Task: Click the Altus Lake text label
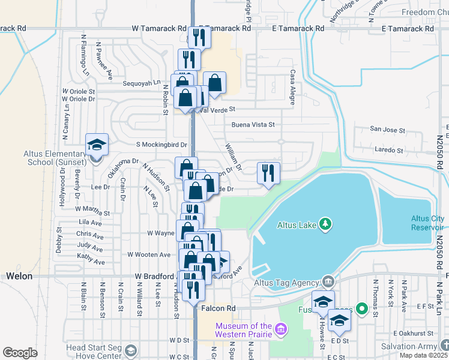(297, 226)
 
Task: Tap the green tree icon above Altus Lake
(325, 224)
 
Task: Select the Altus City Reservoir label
(428, 223)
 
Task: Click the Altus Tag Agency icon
(328, 281)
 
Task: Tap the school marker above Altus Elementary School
(96, 145)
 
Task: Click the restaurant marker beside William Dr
(268, 173)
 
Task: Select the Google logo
(20, 352)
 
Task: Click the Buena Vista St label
(253, 125)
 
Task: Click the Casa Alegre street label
(293, 87)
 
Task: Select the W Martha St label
(92, 212)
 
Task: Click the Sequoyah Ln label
(142, 83)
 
